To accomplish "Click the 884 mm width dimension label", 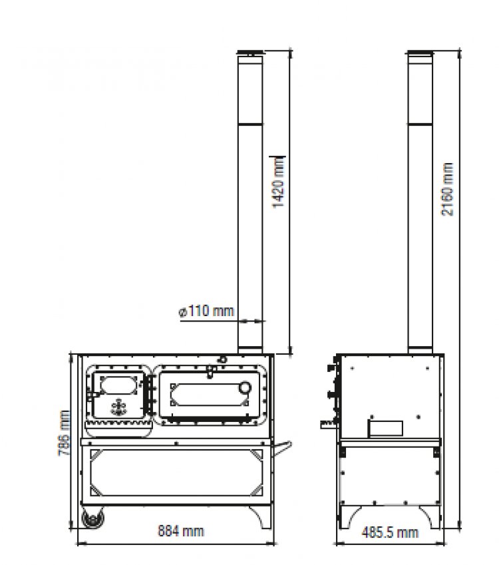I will [x=180, y=532].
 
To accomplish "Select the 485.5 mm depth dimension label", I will [x=389, y=532].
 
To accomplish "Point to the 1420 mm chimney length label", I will [x=279, y=182].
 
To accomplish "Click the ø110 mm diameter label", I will [x=206, y=311].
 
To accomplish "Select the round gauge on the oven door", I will [x=246, y=388].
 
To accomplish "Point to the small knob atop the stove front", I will [x=222, y=359].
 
